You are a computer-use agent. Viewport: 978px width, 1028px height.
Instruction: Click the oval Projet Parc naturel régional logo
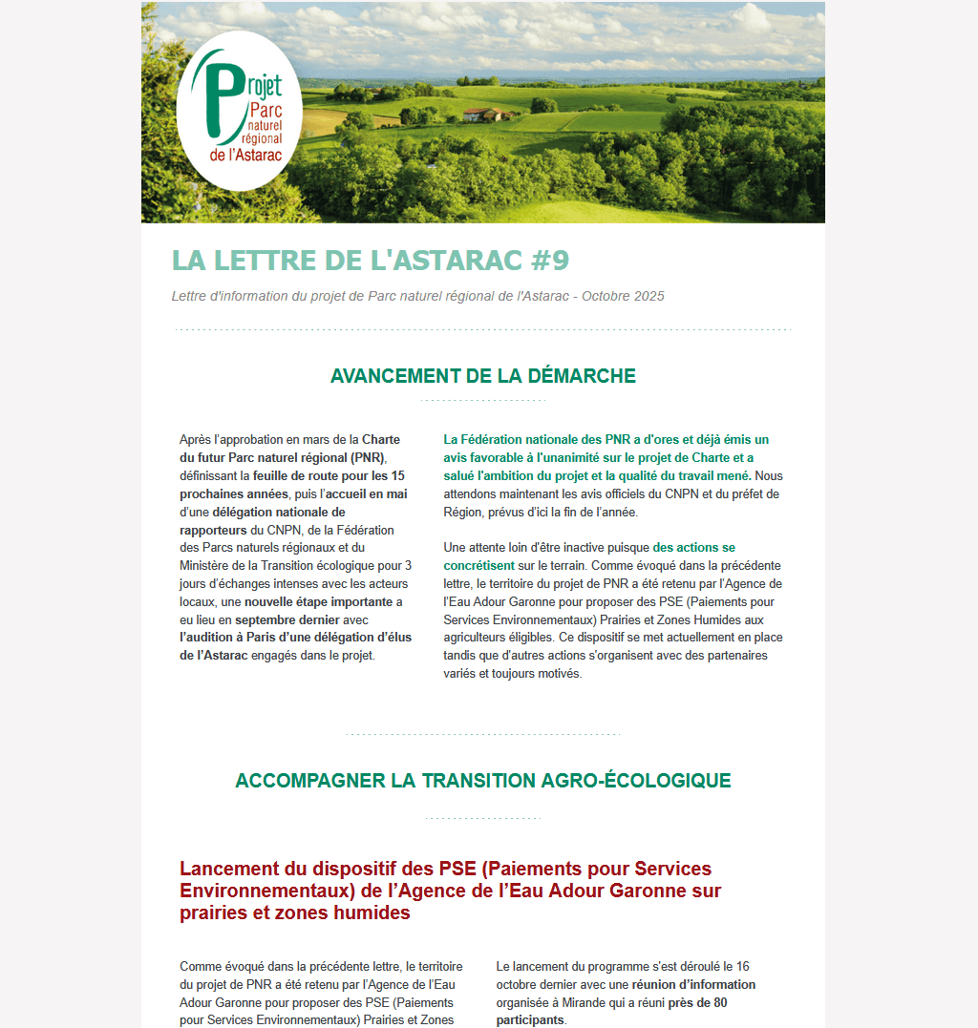click(239, 111)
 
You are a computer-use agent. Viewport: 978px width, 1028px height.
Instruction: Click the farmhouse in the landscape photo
click(485, 115)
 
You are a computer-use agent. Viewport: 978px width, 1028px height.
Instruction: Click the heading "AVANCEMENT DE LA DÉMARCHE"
click(482, 376)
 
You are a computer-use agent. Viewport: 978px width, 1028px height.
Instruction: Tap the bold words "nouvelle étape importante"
click(318, 601)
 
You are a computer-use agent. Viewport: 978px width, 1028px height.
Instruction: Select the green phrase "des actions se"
click(694, 548)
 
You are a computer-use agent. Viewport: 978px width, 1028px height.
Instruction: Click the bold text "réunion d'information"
click(693, 984)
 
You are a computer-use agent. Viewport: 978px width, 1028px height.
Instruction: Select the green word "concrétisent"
click(479, 566)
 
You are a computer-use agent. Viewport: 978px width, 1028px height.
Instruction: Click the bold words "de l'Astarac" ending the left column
click(213, 656)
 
